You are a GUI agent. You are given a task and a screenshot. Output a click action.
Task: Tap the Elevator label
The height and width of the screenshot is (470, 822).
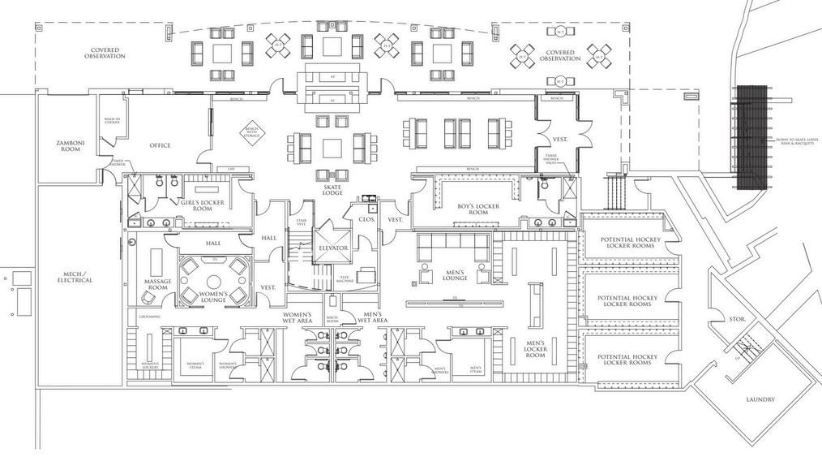pyautogui.click(x=333, y=248)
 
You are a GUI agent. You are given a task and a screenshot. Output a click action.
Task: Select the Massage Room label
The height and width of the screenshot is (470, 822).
pyautogui.click(x=157, y=284)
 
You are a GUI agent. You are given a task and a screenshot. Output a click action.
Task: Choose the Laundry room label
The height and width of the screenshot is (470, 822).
pyautogui.click(x=760, y=399)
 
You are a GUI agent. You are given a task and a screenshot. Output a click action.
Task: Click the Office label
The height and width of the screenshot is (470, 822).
pyautogui.click(x=160, y=146)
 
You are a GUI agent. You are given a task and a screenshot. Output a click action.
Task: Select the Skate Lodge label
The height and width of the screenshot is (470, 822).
pyautogui.click(x=332, y=191)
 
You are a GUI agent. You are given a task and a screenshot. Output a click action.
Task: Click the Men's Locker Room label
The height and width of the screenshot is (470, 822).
pyautogui.click(x=535, y=349)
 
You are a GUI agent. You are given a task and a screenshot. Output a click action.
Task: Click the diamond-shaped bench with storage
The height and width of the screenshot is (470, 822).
pyautogui.click(x=250, y=131)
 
